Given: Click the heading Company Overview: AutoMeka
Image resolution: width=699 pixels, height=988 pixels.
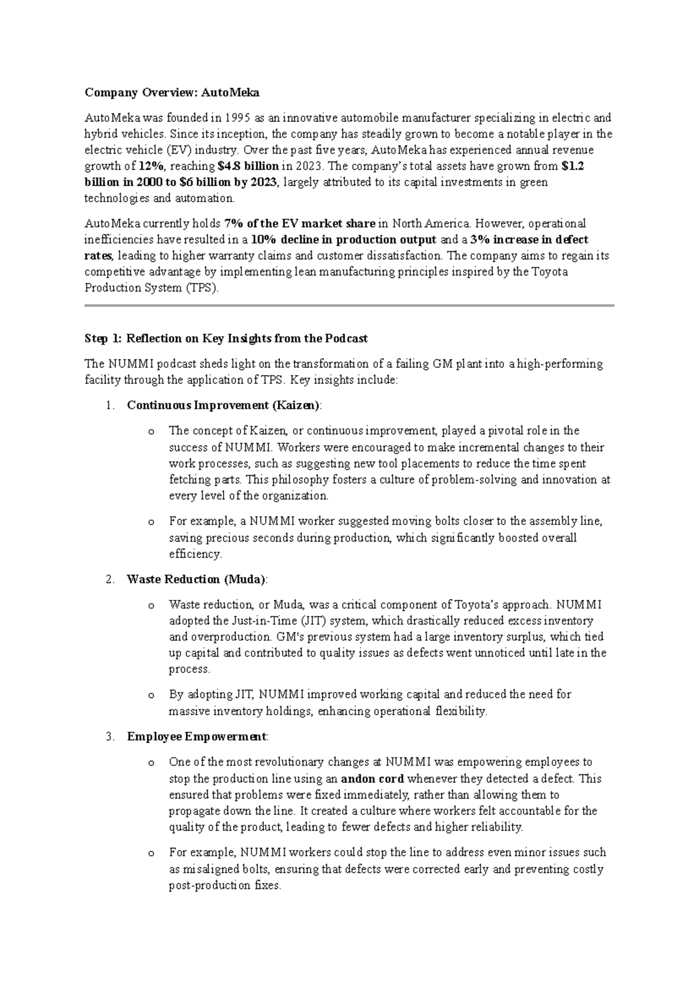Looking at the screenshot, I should [172, 93].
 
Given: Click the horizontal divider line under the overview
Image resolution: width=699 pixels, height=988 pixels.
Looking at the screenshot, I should [349, 305].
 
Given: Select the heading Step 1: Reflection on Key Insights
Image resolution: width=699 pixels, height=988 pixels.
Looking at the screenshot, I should [226, 338].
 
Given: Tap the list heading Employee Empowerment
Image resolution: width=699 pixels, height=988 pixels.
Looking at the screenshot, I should [197, 737].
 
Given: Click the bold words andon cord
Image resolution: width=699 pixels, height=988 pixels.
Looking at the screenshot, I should [372, 779].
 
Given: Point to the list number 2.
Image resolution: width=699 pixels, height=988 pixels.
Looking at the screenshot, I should [111, 580].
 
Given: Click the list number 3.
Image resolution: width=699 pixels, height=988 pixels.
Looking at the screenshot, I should [111, 737].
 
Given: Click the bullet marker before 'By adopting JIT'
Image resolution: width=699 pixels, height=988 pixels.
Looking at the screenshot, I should [151, 696].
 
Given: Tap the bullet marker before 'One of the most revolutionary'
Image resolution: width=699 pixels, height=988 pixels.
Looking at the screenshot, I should [151, 763].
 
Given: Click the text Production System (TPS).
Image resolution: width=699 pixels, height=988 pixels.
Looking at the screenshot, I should [151, 288].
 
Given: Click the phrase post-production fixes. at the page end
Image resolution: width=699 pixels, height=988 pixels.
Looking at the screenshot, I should [225, 886].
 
